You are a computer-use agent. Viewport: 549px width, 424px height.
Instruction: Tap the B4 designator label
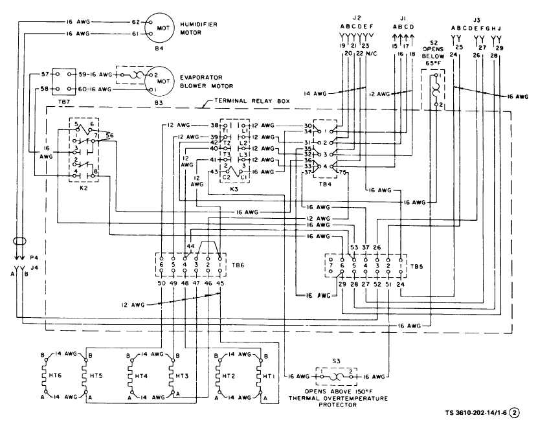point(153,47)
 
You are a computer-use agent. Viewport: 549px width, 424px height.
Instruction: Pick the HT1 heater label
point(253,375)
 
